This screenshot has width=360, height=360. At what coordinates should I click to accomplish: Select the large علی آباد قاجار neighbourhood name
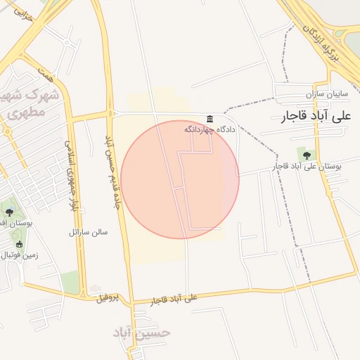tap(316, 115)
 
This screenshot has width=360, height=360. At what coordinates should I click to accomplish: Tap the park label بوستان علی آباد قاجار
tap(307, 167)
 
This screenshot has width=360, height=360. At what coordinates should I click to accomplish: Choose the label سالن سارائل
tap(88, 231)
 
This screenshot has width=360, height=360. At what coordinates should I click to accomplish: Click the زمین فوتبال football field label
tap(18, 255)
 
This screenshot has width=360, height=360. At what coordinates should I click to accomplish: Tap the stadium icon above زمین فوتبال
tap(19, 244)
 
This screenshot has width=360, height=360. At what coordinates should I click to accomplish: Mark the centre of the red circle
tap(180, 179)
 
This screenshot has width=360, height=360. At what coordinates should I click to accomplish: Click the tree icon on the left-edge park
tap(8, 211)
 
